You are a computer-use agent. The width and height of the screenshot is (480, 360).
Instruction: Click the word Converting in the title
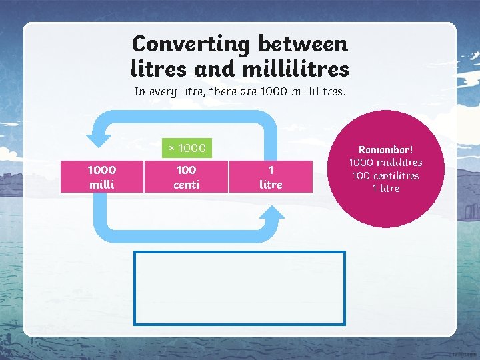click(190, 44)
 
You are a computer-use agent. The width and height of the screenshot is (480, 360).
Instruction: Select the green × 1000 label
click(187, 147)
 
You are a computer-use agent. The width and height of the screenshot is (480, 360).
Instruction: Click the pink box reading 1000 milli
click(101, 177)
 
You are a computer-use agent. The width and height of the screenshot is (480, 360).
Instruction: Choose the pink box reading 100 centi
click(186, 177)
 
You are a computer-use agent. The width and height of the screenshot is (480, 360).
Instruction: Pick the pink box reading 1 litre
click(271, 177)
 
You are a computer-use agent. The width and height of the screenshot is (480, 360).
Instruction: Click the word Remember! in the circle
click(386, 150)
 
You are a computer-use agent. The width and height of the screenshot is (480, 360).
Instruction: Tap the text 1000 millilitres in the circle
click(386, 163)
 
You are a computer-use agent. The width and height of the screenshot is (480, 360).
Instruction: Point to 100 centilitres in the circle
click(386, 175)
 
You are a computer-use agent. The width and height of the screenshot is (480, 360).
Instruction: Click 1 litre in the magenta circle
click(386, 188)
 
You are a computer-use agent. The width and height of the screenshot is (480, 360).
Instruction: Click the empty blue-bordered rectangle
click(240, 287)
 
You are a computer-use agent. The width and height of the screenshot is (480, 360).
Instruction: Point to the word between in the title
click(303, 44)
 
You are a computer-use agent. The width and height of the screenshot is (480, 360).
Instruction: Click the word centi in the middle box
click(186, 184)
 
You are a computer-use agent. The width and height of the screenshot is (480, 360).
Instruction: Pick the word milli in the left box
click(101, 184)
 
